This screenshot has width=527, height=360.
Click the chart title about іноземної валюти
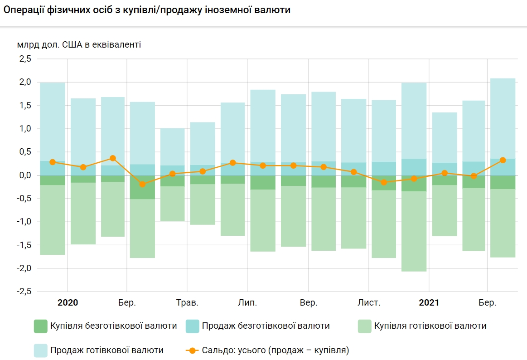tap(146, 10)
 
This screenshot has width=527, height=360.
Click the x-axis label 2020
tap(68, 303)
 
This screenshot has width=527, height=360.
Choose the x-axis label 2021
tap(429, 303)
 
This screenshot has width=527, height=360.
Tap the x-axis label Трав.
tap(187, 303)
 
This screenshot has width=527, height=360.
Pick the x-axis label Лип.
tap(247, 303)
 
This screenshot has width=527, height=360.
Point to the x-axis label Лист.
tap(369, 303)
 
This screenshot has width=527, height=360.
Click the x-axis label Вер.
tap(309, 303)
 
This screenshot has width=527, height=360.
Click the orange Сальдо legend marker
tap(192, 350)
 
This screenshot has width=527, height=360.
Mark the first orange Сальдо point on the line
tap(53, 162)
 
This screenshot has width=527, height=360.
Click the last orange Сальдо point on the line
tap(503, 160)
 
